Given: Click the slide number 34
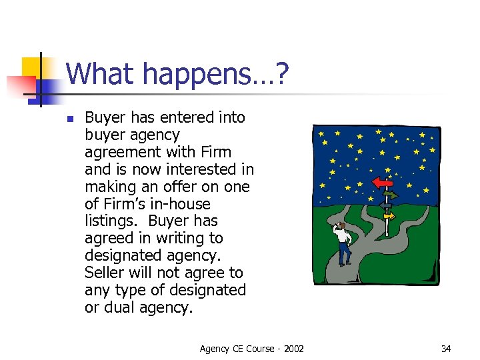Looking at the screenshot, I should [445, 348].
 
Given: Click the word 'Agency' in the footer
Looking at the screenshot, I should [215, 348].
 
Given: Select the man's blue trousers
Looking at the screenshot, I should [344, 252].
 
